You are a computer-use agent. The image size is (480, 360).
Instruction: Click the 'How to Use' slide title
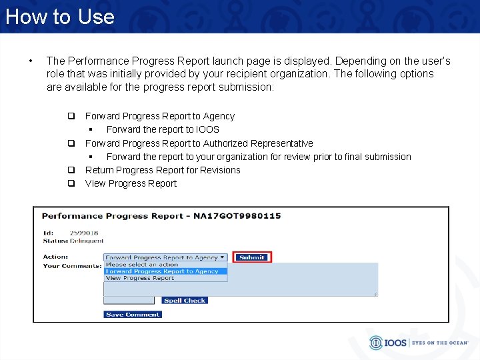(x=60, y=16)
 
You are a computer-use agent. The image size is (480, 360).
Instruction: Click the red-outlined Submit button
(x=252, y=257)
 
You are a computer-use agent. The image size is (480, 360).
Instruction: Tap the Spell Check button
(x=185, y=301)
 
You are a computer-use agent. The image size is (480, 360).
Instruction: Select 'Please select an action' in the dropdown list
(x=142, y=265)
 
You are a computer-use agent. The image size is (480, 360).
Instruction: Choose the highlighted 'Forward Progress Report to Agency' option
(x=162, y=271)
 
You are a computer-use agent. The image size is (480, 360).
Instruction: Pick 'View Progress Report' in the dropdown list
(x=140, y=278)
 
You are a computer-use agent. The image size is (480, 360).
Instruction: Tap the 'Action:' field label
(x=55, y=257)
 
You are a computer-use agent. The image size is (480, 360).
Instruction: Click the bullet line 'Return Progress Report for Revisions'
(x=163, y=170)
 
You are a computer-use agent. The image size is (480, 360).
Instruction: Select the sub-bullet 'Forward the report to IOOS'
(x=163, y=129)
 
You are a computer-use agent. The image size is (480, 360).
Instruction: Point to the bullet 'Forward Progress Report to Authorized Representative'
(x=199, y=143)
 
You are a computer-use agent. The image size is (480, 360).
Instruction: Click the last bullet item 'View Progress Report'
(x=131, y=183)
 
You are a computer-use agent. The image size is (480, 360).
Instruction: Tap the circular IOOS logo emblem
(x=377, y=343)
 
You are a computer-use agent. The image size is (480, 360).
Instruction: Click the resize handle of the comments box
(x=375, y=293)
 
